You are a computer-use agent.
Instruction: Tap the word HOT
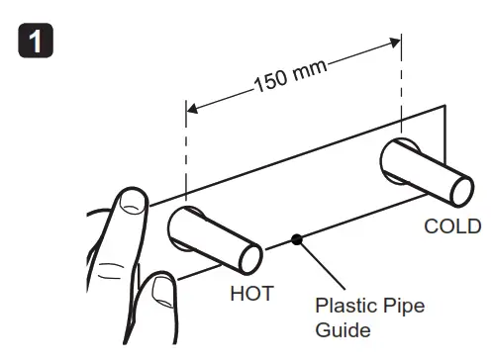251,294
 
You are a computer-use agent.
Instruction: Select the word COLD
452,226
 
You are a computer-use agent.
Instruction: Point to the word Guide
337,329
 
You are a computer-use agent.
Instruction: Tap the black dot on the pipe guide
296,239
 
